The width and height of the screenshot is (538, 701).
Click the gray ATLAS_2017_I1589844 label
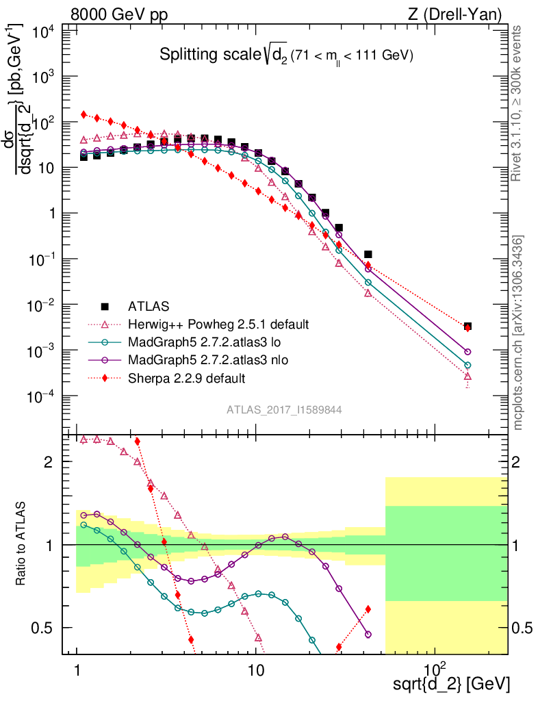click(x=284, y=409)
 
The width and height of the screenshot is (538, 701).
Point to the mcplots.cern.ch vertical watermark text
click(x=518, y=333)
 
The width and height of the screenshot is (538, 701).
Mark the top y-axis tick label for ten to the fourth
click(x=41, y=31)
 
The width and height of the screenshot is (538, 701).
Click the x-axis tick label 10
click(x=255, y=668)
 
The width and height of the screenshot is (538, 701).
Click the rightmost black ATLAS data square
click(x=467, y=327)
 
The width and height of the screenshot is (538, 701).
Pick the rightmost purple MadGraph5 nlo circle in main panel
click(x=467, y=351)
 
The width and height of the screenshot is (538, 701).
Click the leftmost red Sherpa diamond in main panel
click(x=84, y=114)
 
